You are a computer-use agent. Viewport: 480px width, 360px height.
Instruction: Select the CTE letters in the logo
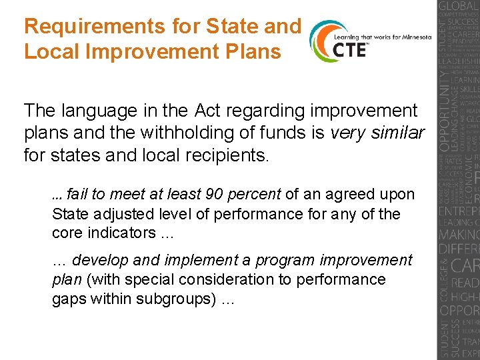[x=349, y=49]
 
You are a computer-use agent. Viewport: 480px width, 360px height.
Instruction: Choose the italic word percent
[x=255, y=195]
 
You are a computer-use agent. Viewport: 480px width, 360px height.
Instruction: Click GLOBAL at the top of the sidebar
[x=458, y=8]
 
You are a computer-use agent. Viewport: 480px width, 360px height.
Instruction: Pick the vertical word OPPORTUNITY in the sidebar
[x=445, y=107]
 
